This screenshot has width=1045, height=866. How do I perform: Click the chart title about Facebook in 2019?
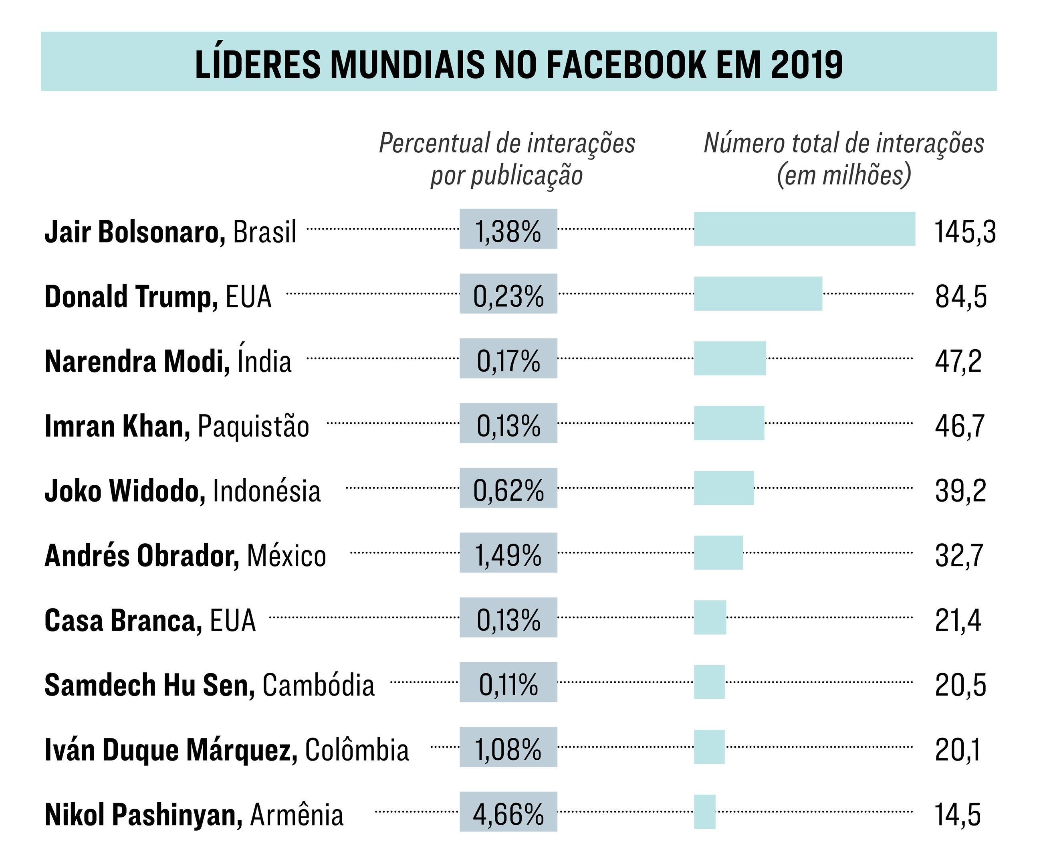(518, 64)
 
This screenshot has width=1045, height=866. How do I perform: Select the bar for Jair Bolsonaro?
(805, 229)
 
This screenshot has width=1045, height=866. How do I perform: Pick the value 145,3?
(965, 232)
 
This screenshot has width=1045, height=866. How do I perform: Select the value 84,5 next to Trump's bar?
(961, 296)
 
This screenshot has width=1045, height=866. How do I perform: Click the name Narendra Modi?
(137, 361)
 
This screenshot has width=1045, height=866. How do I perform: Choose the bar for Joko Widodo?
(724, 488)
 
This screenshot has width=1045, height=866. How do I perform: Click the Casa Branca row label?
(150, 621)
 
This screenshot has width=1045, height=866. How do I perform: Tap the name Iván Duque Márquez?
(171, 750)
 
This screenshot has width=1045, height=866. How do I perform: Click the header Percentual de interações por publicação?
(507, 159)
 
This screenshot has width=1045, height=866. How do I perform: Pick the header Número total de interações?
(844, 144)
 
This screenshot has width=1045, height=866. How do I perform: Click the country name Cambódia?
(319, 685)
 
